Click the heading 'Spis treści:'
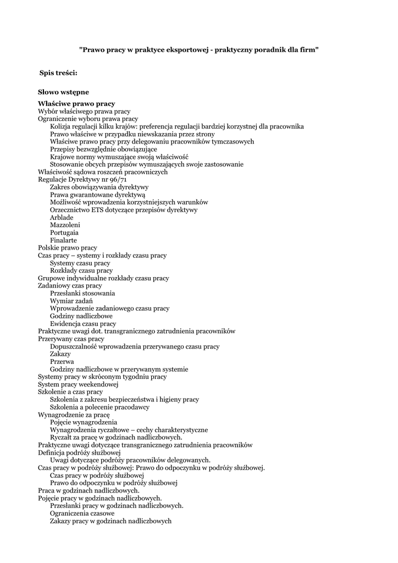point(58,73)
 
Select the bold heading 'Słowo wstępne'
point(63,92)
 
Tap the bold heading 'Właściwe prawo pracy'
point(76,103)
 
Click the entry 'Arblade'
point(62,217)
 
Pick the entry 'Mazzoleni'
point(65,225)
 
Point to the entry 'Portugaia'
point(64,233)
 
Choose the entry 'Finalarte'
point(63,240)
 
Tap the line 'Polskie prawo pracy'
point(67,248)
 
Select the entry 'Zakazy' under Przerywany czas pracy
point(60,354)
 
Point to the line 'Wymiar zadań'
point(71,301)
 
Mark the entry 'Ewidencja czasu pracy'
point(83,324)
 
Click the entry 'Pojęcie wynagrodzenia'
point(84,422)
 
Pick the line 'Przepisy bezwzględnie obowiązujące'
point(103,149)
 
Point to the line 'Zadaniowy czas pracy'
point(70,286)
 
